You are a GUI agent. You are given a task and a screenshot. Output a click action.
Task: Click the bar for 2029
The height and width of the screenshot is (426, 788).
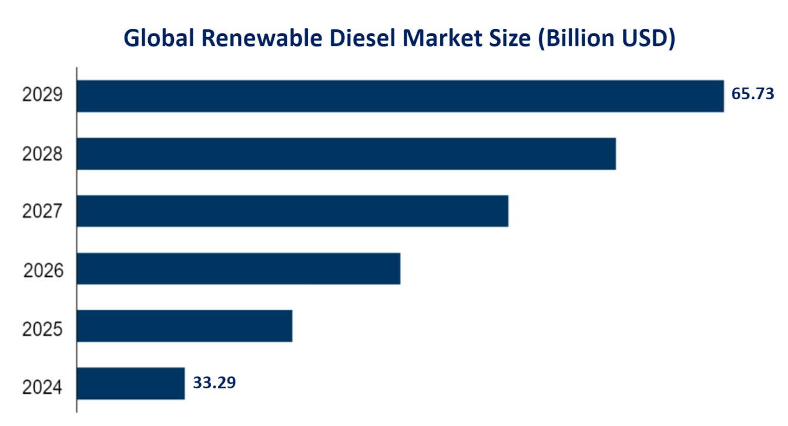(400, 96)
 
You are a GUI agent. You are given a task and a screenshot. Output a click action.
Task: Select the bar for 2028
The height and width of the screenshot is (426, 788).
(346, 153)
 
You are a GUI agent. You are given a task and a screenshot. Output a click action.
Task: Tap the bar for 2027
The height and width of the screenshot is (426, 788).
(292, 211)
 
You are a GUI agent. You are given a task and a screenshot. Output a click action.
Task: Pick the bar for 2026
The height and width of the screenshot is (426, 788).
(239, 269)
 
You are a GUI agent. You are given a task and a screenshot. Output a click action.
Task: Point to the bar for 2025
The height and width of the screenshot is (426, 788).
(185, 326)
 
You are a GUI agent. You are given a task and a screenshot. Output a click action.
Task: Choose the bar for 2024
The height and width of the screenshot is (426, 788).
(130, 384)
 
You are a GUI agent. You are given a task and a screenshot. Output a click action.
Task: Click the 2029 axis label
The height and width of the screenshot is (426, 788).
(42, 95)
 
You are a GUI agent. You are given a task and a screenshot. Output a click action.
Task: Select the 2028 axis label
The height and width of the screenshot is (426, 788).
(42, 154)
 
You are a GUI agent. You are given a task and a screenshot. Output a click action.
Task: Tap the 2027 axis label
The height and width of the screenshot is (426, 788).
(42, 212)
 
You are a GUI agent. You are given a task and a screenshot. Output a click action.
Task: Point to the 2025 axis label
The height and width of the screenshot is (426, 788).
(42, 329)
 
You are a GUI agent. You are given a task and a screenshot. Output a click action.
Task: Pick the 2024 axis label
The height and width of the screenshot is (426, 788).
(42, 388)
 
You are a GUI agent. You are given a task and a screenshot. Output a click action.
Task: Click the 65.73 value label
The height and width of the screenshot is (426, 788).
(753, 94)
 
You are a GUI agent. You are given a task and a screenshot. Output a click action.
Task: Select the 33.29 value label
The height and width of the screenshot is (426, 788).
(214, 383)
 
